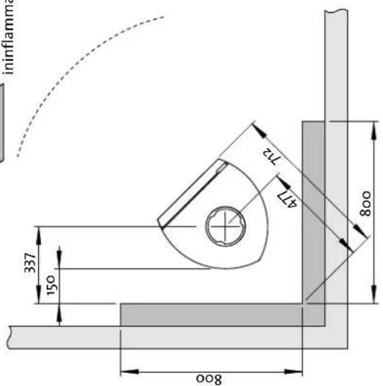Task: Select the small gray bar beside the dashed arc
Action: pyautogui.click(x=3, y=122)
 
